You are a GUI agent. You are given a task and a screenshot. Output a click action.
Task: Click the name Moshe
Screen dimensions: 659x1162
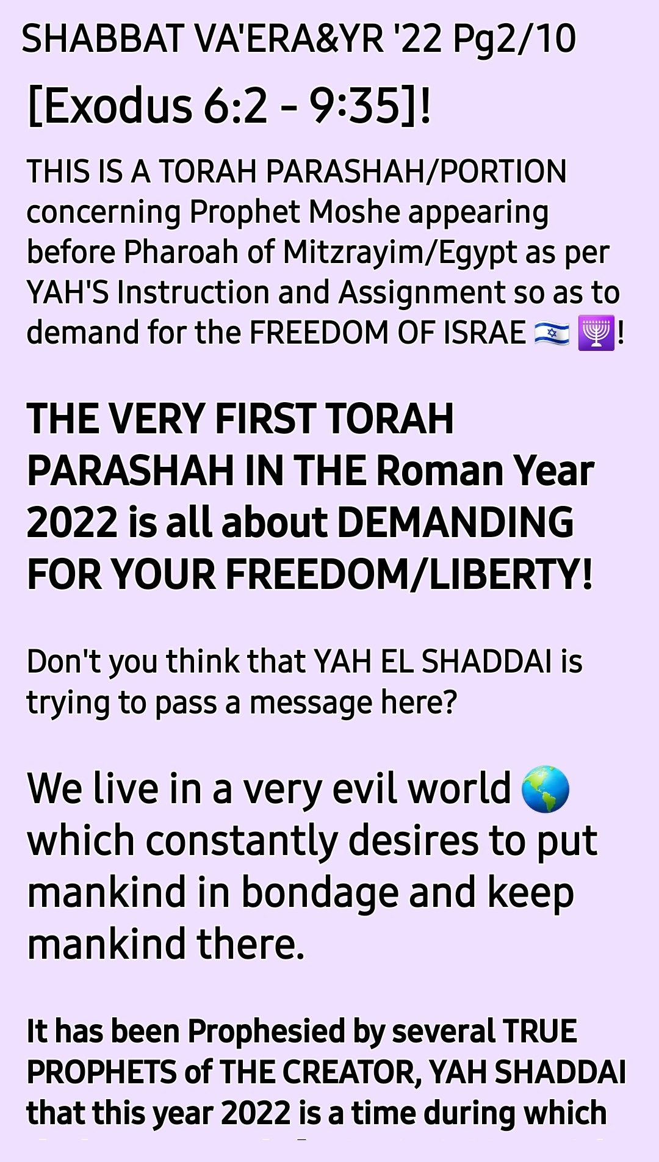[x=355, y=212]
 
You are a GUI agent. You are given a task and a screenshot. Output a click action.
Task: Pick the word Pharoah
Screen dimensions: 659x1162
[x=181, y=252]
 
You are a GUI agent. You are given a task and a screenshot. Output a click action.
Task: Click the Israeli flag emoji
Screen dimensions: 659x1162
[x=552, y=334]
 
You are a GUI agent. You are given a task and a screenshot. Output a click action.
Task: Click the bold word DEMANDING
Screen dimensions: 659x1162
[x=455, y=523]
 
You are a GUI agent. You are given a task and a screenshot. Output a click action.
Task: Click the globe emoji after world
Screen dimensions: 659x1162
[x=546, y=789]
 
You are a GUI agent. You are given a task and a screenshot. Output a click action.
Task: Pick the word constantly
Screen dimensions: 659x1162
[x=242, y=842]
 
